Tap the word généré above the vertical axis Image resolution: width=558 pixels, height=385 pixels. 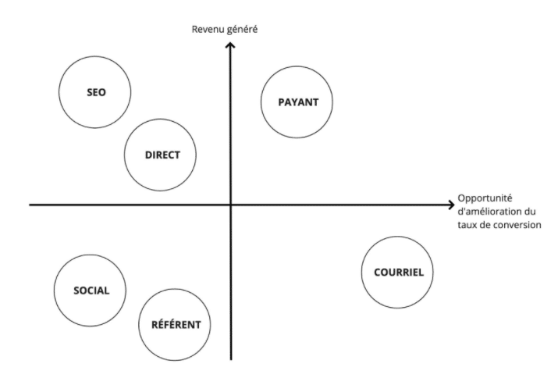(242, 30)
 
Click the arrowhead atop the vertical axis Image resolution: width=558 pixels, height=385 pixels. (230, 46)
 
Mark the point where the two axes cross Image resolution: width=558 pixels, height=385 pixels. (230, 205)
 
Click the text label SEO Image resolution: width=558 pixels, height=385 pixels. (96, 92)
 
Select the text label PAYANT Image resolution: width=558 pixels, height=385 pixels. (297, 102)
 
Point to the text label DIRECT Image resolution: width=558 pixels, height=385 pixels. (162, 155)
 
